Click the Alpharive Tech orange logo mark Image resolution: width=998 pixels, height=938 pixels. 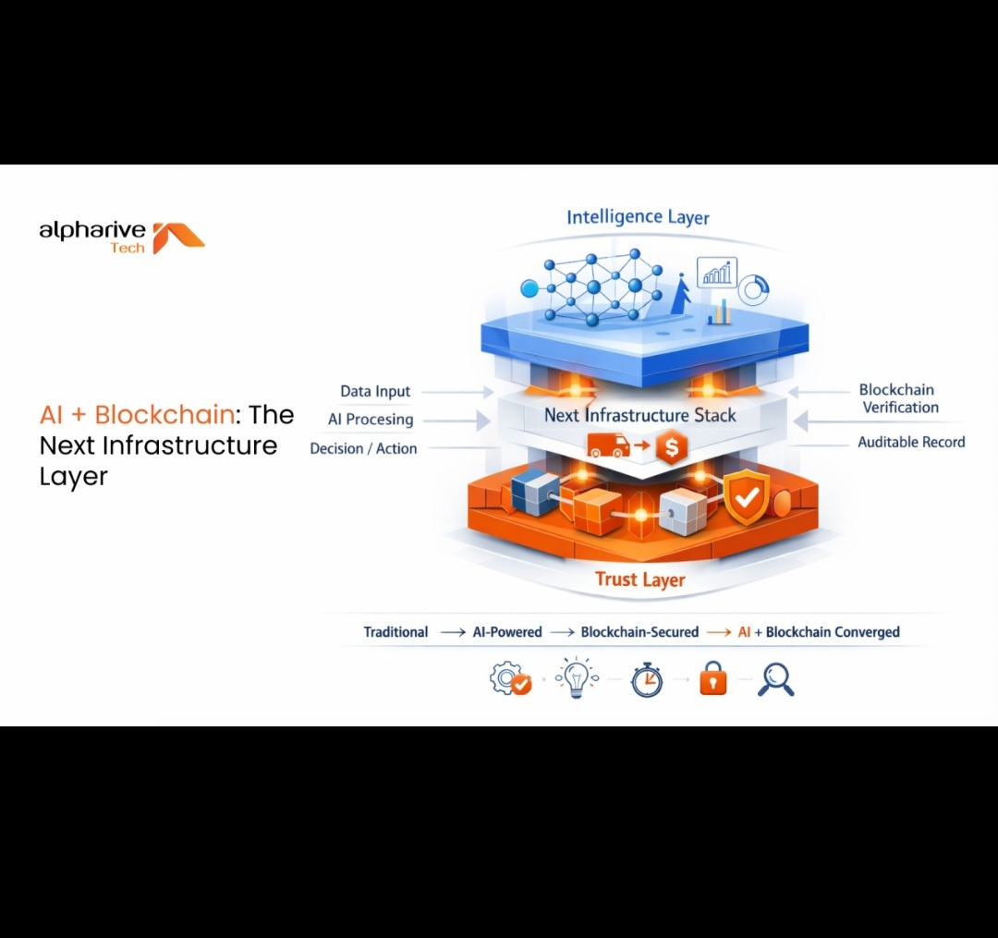pos(177,238)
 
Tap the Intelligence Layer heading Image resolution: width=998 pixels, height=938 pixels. pos(638,217)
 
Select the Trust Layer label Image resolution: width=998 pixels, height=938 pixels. pos(639,579)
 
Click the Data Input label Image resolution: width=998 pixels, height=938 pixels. pos(375,392)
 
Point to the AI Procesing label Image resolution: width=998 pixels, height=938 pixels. pos(371,420)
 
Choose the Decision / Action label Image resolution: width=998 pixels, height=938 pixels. pos(363,448)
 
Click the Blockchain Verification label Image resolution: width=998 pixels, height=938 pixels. pos(898,398)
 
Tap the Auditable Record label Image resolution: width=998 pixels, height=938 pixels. pos(911,442)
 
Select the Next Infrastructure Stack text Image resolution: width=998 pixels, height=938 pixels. pos(639,415)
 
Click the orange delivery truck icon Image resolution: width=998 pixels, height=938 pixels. pos(608,446)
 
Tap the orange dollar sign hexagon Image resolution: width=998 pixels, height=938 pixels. pos(671,448)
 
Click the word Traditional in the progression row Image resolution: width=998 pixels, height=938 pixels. pos(396,632)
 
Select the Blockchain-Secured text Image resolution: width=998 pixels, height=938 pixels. pos(639,632)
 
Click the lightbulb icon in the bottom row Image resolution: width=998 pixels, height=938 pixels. pos(577,679)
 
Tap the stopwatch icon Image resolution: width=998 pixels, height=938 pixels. pos(647,680)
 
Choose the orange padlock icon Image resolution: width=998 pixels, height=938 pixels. pos(712,680)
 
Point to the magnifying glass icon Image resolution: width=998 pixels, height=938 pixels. pos(775,680)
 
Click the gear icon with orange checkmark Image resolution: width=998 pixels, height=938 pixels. pos(510,680)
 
